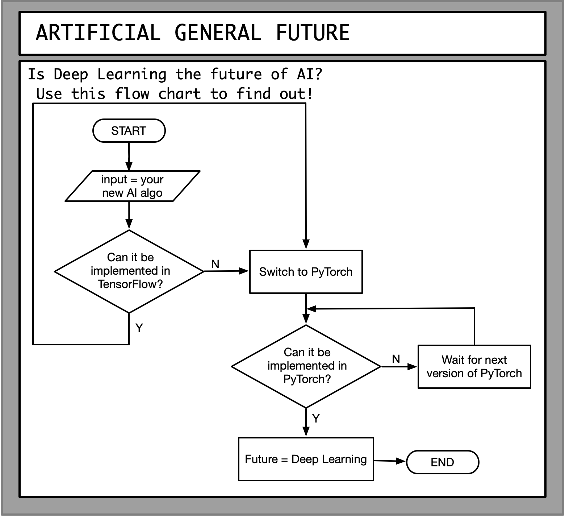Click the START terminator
129,130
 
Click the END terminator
442,462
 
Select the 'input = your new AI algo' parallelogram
132,186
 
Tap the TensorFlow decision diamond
129,271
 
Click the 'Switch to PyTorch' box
306,272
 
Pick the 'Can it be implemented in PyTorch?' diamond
306,366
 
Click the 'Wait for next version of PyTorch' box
474,366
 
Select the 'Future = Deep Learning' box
306,459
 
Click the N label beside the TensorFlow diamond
215,264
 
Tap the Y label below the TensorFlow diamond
139,328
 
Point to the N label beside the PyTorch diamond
396,359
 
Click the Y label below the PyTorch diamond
316,419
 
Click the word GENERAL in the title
218,33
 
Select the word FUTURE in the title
313,33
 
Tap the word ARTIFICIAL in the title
98,33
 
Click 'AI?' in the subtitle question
309,74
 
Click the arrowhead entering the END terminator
401,461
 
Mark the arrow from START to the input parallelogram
129,156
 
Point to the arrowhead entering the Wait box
413,367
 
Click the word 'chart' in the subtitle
179,94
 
